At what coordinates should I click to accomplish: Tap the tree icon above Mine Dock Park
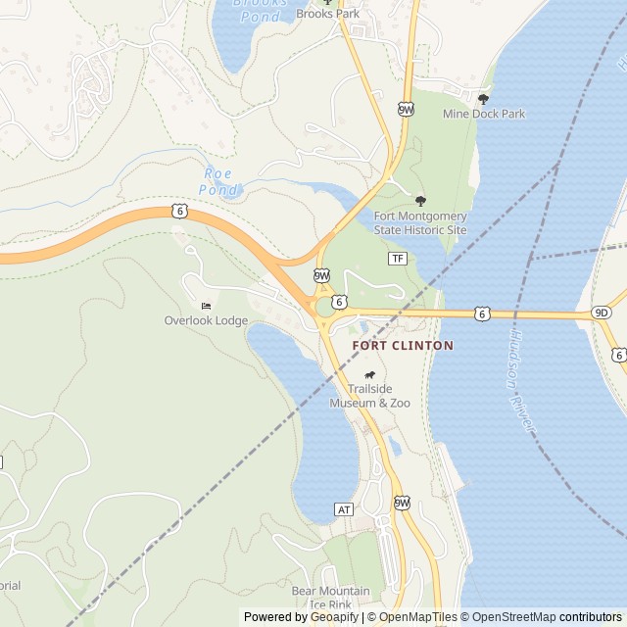click(x=483, y=99)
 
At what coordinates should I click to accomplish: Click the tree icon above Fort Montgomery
click(x=421, y=200)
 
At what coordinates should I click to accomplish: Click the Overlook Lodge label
click(x=206, y=320)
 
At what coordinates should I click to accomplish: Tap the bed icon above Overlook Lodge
click(x=206, y=306)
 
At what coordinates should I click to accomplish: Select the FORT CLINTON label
click(x=403, y=346)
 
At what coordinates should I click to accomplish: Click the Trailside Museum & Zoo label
click(x=369, y=396)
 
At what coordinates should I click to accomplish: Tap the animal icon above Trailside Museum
click(x=369, y=376)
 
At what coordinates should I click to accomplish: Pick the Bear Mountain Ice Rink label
click(x=330, y=598)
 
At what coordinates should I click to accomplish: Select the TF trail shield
click(x=397, y=259)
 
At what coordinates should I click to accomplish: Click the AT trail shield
click(x=343, y=509)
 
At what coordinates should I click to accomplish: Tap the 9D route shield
click(x=601, y=313)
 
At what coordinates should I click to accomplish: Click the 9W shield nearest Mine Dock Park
click(x=406, y=110)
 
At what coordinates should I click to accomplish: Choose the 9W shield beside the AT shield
click(x=402, y=503)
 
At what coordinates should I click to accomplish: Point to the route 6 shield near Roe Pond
click(x=178, y=210)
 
